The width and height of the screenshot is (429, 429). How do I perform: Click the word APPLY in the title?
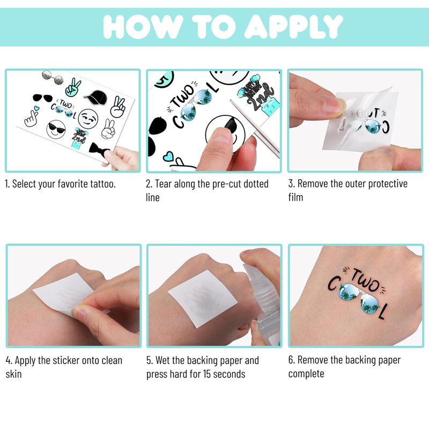coord(293,26)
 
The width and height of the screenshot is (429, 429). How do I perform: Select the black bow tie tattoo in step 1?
coord(99,149)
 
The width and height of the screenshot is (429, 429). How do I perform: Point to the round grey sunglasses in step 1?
coord(53,77)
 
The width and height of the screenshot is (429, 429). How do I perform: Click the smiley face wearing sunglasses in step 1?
coord(56,129)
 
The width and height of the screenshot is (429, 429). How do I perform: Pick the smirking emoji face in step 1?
coord(88,118)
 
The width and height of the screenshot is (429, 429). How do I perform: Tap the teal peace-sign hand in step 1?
coord(73,87)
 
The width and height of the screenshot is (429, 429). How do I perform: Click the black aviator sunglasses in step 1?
coord(43,98)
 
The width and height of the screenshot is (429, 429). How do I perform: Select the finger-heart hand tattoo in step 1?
coord(32,117)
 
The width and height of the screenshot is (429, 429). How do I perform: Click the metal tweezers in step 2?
coord(254,128)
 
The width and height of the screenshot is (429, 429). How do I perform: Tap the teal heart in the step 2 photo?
coord(168,157)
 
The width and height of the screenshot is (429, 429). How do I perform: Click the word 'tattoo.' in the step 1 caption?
coord(103,184)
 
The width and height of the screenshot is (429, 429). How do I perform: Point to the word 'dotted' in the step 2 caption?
coord(256,184)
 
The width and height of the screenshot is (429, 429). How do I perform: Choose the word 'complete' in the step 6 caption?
coord(306,374)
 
